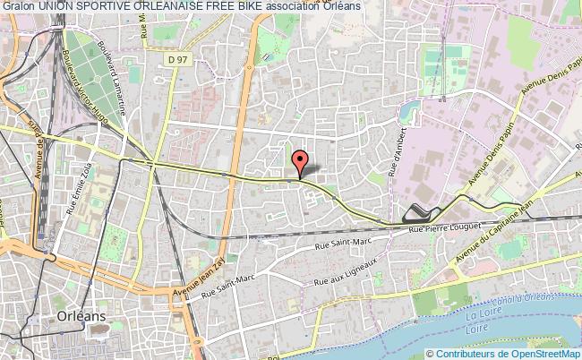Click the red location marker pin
pyautogui.click(x=300, y=161)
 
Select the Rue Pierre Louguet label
pyautogui.click(x=445, y=230)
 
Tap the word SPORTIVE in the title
pyautogui.click(x=109, y=7)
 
